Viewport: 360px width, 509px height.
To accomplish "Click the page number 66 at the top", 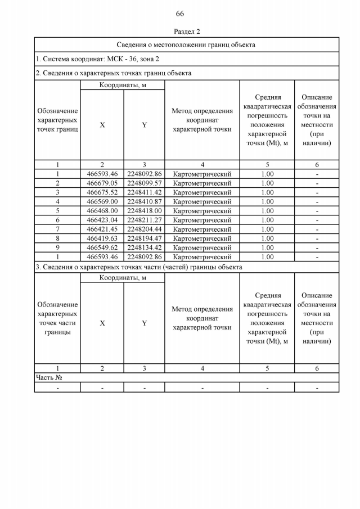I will point(179,14).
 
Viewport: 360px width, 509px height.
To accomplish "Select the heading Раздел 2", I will point(187,31).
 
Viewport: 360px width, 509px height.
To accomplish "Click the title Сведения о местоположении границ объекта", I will point(186,44).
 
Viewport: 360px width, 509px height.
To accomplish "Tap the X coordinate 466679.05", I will point(102,183).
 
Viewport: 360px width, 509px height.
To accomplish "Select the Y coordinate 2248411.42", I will point(144,192).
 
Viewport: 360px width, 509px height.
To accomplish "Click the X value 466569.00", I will point(102,201).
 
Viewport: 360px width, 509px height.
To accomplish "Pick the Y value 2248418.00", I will point(144,211).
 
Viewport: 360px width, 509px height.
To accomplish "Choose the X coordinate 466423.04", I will point(102,220).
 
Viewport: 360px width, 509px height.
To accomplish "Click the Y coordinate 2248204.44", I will point(144,229).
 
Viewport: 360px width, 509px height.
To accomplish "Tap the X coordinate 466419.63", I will point(102,238).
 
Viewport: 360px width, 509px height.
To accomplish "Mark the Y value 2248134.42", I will point(144,247).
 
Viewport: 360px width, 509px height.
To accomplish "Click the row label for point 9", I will point(57,247).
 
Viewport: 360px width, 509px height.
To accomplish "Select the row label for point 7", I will point(57,229).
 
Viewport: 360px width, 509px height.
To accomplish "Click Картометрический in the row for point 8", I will point(202,238).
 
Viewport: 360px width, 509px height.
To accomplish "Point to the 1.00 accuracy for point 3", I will point(267,192).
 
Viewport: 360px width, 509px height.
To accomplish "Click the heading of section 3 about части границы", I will point(139,267).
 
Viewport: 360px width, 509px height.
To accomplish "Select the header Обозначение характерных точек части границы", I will point(57,318).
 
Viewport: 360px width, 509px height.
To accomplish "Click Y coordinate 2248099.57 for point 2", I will point(144,183).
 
